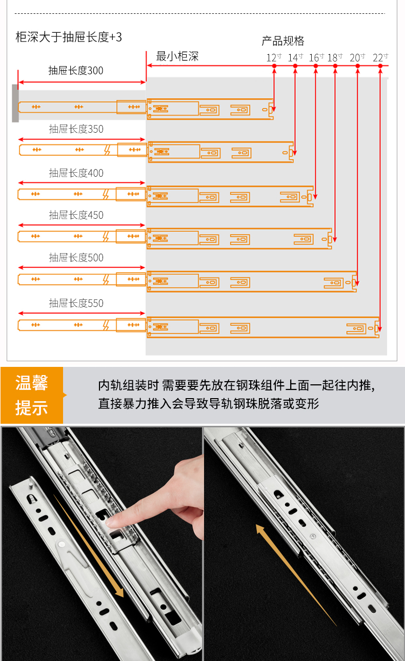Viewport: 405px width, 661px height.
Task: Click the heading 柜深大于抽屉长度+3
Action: (x=69, y=37)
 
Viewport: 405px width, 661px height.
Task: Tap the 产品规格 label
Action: (x=283, y=40)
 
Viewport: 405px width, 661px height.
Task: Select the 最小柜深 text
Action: (x=177, y=56)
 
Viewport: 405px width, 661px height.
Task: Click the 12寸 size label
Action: (x=274, y=57)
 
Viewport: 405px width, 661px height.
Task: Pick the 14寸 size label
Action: (x=295, y=57)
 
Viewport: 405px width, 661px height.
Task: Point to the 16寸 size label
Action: (x=316, y=57)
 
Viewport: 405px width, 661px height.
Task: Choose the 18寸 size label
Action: (x=335, y=57)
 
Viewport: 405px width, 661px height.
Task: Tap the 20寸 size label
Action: (x=357, y=57)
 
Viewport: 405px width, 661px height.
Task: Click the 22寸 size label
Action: (x=380, y=57)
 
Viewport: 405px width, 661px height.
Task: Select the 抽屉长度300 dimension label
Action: (x=76, y=71)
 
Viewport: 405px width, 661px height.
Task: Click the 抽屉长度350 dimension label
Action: (x=76, y=129)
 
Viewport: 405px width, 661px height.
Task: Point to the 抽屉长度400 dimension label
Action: (x=76, y=173)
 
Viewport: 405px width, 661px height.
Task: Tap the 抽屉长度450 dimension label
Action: (x=76, y=215)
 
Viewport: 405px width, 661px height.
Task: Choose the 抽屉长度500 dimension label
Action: (x=76, y=258)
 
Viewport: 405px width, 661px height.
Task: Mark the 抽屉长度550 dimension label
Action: (x=76, y=303)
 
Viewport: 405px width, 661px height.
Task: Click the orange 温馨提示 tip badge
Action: (x=32, y=395)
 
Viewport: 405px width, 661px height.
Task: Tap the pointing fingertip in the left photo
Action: (x=110, y=523)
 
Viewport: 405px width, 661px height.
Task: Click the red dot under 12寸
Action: (x=274, y=66)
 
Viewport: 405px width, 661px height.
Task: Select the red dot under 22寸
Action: (x=380, y=66)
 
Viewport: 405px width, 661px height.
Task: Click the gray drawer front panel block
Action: (x=15, y=104)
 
